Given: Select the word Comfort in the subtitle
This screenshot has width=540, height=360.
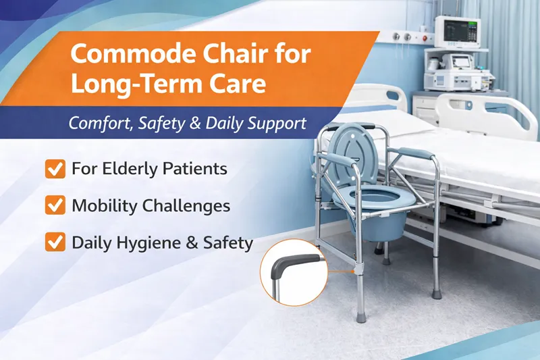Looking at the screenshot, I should (102, 124).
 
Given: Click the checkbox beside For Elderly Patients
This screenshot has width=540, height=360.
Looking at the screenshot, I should (54, 169).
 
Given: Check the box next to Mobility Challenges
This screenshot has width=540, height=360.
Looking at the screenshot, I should (54, 205).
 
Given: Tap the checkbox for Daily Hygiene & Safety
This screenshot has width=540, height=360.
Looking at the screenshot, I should (54, 242).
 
